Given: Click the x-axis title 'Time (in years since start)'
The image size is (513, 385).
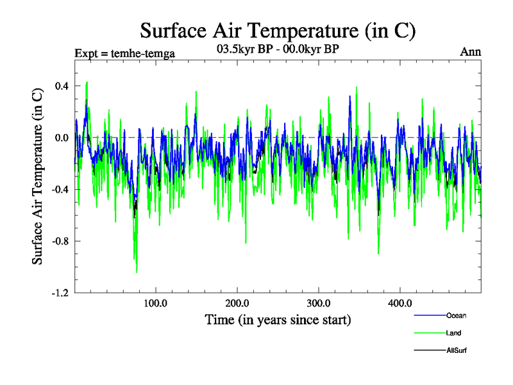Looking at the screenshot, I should (x=278, y=320).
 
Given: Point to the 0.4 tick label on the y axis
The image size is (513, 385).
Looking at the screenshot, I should (x=62, y=86).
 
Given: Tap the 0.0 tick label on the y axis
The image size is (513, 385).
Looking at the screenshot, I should (x=62, y=138).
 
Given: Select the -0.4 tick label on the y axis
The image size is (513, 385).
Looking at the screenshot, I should (x=60, y=190).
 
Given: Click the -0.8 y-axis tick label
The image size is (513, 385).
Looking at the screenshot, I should (x=60, y=241).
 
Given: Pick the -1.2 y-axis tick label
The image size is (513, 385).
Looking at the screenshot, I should (x=60, y=293).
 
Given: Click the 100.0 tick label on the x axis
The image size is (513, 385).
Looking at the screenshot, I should (x=155, y=304).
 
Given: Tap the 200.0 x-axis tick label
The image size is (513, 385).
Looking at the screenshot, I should (x=237, y=304).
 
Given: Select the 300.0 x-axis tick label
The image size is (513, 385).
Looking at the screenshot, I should (x=319, y=304).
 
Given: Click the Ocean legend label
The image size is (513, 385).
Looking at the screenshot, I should (x=457, y=315).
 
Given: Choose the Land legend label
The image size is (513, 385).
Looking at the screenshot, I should (x=454, y=333).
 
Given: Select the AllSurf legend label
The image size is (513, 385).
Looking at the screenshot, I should (x=457, y=350).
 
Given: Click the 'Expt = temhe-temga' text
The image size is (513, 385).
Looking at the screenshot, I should (x=125, y=53).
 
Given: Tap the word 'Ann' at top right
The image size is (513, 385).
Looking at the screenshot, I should (x=471, y=52).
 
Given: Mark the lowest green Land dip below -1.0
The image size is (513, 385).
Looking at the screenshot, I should (x=137, y=272).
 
